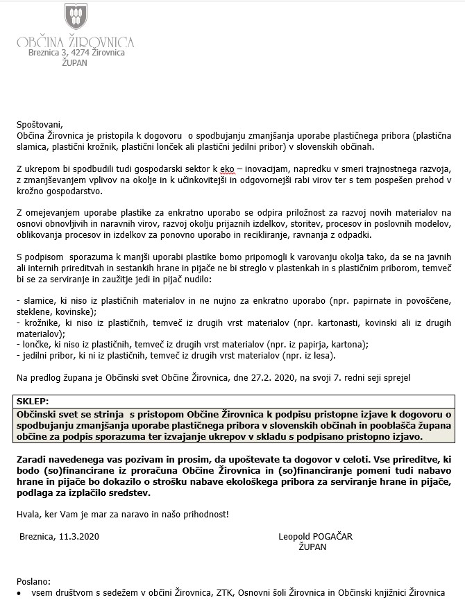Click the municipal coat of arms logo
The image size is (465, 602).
(76, 17)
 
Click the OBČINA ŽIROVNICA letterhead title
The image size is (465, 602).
(76, 42)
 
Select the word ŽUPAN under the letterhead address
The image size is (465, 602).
(76, 62)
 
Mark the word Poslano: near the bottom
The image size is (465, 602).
(33, 580)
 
